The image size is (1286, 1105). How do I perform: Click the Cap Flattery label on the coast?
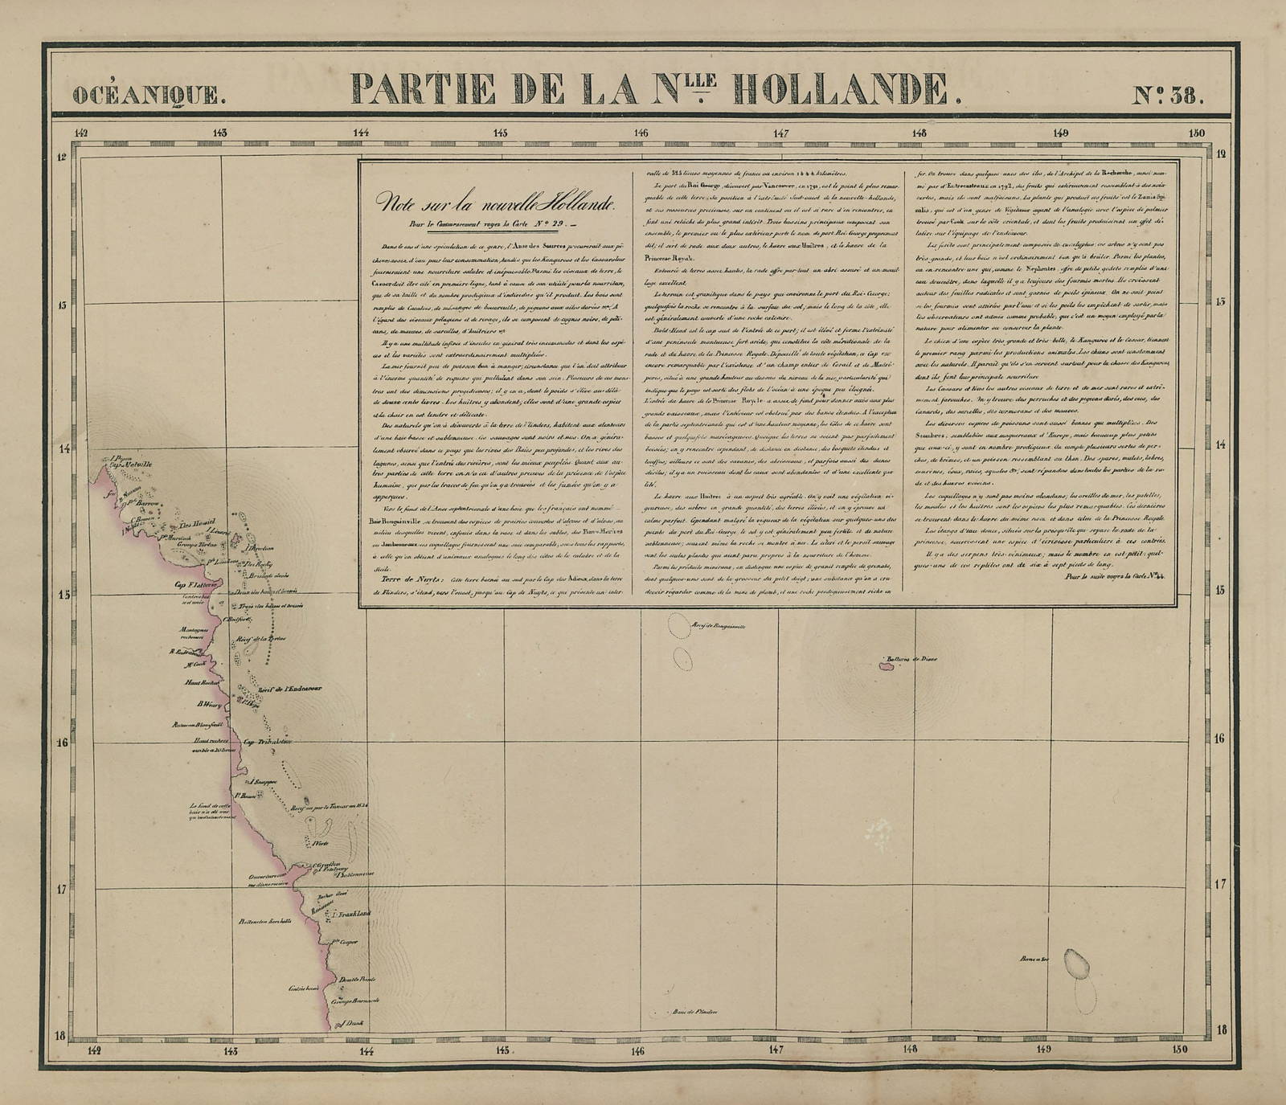click(x=186, y=584)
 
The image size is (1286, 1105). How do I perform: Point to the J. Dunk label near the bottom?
click(x=351, y=1022)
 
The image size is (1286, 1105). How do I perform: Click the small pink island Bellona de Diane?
click(x=890, y=664)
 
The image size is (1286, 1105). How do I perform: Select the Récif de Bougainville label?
click(x=718, y=624)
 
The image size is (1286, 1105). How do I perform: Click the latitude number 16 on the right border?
click(x=1220, y=738)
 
